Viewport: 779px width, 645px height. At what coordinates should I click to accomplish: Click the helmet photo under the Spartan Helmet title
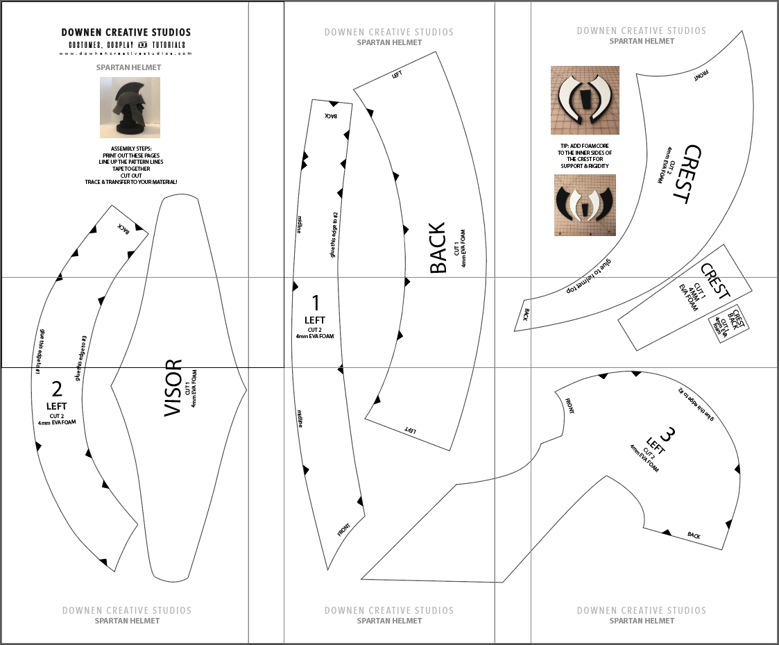pyautogui.click(x=130, y=107)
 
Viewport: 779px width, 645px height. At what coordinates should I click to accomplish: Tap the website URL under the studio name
pyautogui.click(x=126, y=53)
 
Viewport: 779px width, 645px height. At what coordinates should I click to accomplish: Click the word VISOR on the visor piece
pyautogui.click(x=173, y=388)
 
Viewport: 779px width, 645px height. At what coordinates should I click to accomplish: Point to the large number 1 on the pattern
pyautogui.click(x=315, y=303)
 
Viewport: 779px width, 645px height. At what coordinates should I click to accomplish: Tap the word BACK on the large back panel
pyautogui.click(x=438, y=248)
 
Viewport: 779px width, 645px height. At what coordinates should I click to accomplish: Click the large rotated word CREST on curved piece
pyautogui.click(x=686, y=174)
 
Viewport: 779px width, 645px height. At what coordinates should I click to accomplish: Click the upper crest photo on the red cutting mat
pyautogui.click(x=585, y=100)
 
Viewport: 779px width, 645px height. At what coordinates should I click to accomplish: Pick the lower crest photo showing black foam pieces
pyautogui.click(x=585, y=205)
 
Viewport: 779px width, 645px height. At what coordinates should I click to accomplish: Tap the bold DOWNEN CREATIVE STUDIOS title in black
pyautogui.click(x=126, y=32)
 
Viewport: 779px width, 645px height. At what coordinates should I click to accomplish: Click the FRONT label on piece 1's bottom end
pyautogui.click(x=344, y=529)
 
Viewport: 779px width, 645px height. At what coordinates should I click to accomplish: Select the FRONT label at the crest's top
pyautogui.click(x=701, y=75)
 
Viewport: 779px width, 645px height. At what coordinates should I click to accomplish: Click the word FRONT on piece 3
pyautogui.click(x=568, y=405)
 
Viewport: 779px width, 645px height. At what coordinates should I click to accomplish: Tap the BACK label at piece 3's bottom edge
pyautogui.click(x=694, y=535)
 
